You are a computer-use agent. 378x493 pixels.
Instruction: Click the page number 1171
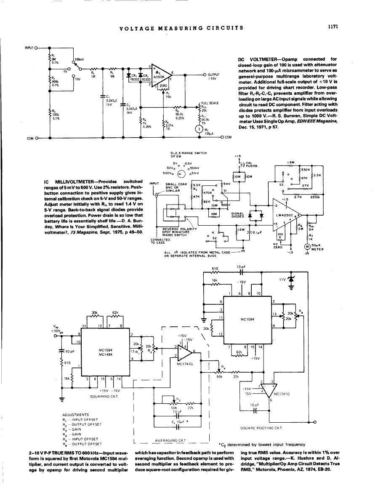[x=334, y=27]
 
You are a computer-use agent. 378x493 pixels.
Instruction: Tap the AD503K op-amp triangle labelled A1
[x=160, y=76]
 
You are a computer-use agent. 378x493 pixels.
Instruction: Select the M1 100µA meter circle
[x=198, y=129]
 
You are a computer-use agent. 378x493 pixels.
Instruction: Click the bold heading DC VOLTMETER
[x=257, y=59]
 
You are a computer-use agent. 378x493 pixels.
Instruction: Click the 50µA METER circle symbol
[x=308, y=247]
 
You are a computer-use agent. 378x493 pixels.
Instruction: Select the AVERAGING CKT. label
[x=171, y=440]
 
